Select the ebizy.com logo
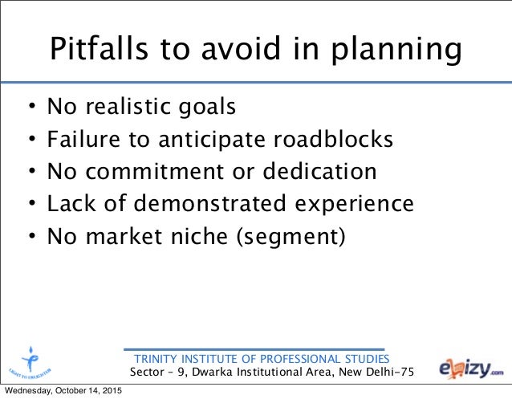[x=473, y=368]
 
